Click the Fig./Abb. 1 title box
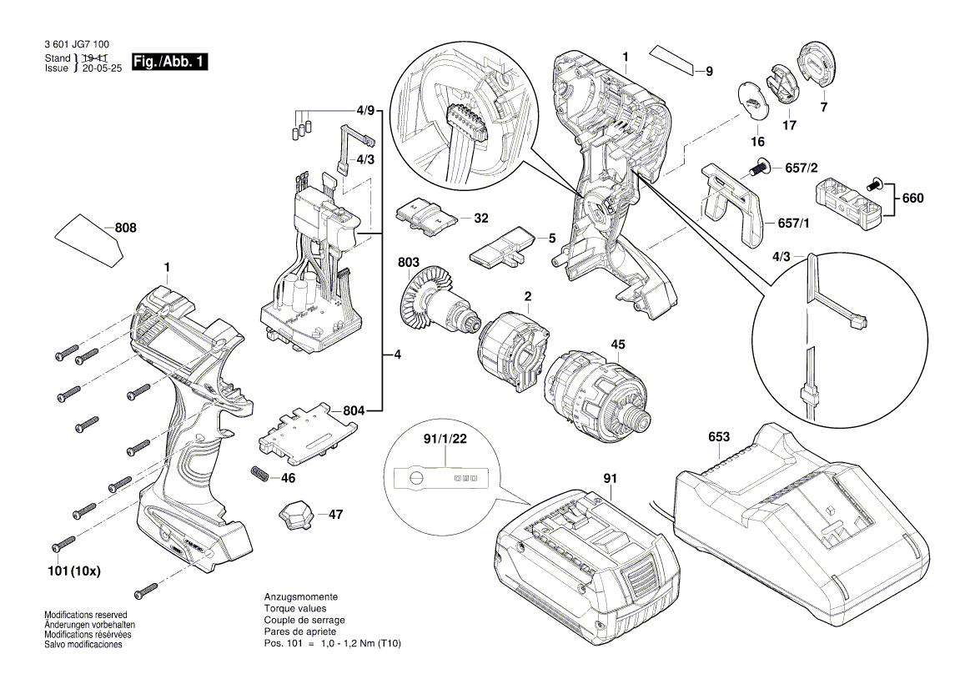coord(170,63)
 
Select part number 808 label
coord(126,228)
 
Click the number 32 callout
coord(481,218)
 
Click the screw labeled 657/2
coord(758,169)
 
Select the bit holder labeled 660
coord(851,200)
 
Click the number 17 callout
coord(789,125)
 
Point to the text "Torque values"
coord(293,609)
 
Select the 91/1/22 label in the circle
coord(445,436)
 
